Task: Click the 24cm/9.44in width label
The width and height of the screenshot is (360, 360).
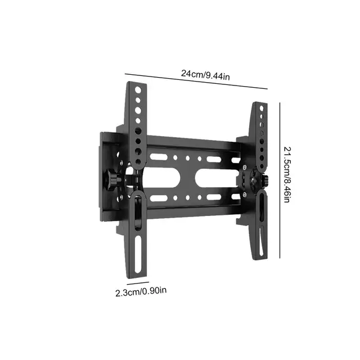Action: point(205,74)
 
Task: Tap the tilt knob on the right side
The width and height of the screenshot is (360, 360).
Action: point(262,181)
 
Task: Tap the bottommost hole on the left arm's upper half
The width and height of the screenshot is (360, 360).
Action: point(138,152)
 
